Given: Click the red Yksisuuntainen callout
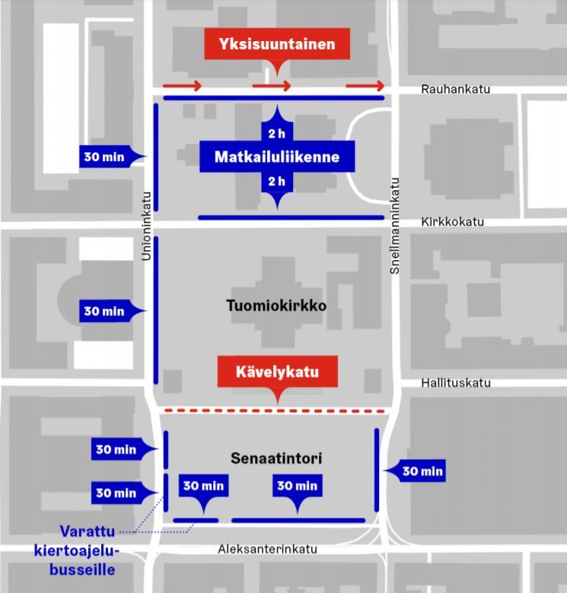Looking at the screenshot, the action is [x=277, y=44].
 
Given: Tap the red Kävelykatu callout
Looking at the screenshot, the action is [x=278, y=371].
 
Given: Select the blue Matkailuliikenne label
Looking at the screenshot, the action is [x=277, y=157].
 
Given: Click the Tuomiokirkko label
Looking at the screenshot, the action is [x=276, y=306].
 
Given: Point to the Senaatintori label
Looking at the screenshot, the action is [x=276, y=458].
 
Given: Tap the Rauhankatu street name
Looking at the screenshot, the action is [x=456, y=89].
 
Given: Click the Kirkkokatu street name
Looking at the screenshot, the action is [x=453, y=222].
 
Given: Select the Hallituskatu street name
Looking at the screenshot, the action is [x=456, y=383].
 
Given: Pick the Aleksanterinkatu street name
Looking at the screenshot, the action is [x=268, y=549].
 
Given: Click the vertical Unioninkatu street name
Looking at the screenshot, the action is [x=146, y=226].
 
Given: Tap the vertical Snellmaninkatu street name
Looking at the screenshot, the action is [x=395, y=226].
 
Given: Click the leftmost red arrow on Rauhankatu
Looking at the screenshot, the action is [x=182, y=86].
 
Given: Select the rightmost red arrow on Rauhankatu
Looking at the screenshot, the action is [x=365, y=86].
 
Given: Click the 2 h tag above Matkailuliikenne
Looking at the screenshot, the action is [x=277, y=133].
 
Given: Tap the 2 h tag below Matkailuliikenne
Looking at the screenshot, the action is [x=277, y=182].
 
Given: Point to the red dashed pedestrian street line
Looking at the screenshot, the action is [x=275, y=411].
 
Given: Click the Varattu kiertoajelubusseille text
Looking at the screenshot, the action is [x=77, y=550].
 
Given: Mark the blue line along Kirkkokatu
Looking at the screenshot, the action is [x=291, y=217].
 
